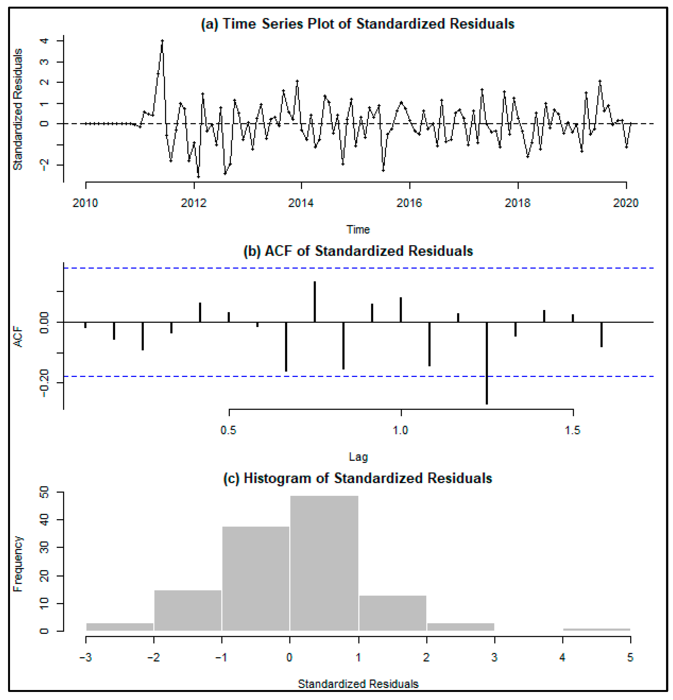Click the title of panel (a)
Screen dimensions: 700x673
coord(358,24)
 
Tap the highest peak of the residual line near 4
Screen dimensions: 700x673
coord(162,41)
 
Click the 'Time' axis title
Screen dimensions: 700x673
coord(358,229)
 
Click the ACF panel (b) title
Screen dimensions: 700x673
coord(358,251)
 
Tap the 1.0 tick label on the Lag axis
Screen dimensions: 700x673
coord(400,430)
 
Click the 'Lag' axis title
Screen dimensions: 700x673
coord(358,457)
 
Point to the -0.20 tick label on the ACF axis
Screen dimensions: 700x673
coord(44,383)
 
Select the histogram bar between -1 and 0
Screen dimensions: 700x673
coord(256,579)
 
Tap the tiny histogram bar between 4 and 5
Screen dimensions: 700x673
coord(597,629)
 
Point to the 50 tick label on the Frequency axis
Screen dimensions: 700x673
coord(44,493)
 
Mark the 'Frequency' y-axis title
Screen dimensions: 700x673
coord(18,564)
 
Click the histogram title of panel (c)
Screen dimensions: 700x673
coord(358,478)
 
